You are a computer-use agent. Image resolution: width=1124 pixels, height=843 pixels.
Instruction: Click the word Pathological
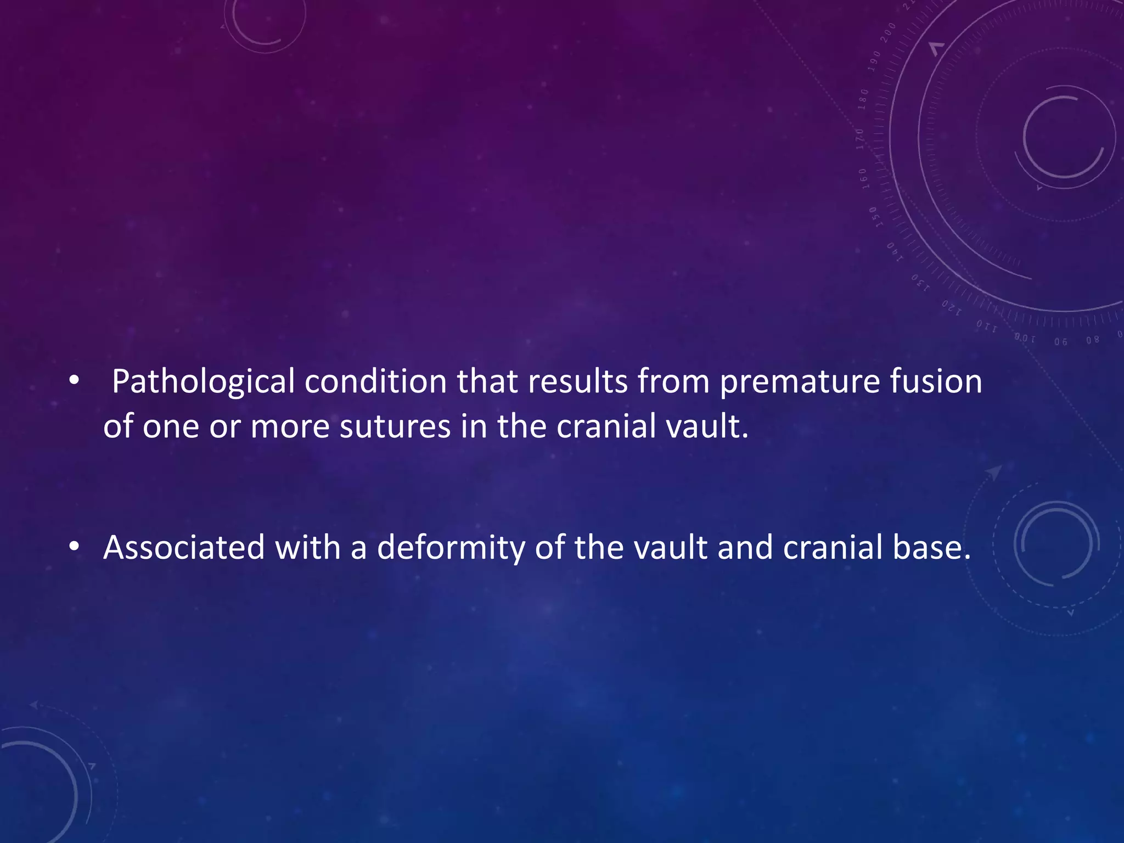coord(203,382)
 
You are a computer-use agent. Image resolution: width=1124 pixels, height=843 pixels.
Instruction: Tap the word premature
coord(800,382)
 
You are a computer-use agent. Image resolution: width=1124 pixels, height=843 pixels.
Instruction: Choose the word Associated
coord(184,548)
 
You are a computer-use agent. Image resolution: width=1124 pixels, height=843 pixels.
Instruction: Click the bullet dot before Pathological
coord(75,381)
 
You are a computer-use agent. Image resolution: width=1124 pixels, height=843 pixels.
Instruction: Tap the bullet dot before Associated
coord(75,547)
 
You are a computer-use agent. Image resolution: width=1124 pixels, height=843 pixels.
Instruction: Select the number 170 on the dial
coord(860,139)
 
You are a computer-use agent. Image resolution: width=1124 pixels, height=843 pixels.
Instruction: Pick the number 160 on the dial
coord(863,178)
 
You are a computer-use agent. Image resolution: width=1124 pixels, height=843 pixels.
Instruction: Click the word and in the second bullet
coord(745,548)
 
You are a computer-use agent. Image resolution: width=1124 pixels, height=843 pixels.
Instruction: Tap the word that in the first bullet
coord(487,381)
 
